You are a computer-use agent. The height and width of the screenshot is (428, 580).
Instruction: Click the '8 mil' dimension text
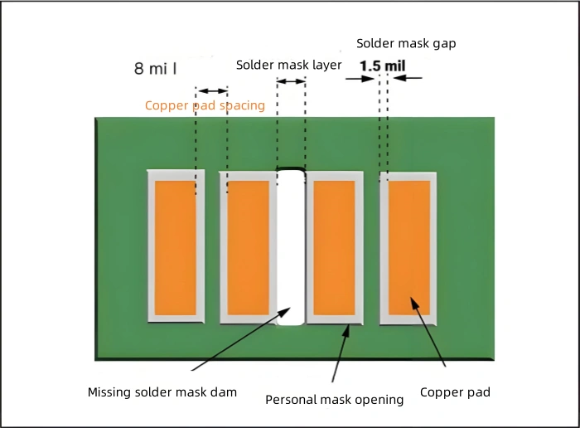(156, 68)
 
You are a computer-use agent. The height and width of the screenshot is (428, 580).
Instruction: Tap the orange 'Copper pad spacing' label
(205, 105)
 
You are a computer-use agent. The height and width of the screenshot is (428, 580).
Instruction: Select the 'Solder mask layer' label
(288, 65)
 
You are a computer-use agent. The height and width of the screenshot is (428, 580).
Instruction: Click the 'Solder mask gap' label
(406, 43)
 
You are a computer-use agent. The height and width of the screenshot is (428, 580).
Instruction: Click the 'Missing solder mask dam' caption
(162, 392)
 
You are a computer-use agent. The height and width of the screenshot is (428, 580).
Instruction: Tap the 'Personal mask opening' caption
(334, 399)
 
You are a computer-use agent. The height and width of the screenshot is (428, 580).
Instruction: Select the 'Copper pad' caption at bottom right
(455, 392)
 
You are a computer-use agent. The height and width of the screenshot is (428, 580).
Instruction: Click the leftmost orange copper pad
(176, 247)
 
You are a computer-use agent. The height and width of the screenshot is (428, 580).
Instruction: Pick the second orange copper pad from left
(248, 247)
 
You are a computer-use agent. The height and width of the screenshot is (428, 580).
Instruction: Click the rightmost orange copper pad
(409, 247)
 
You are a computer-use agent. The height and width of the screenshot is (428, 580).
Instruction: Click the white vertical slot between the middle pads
(291, 247)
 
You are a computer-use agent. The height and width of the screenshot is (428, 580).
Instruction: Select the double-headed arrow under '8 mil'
(211, 90)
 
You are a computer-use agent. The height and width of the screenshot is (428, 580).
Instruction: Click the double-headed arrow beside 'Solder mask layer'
(291, 80)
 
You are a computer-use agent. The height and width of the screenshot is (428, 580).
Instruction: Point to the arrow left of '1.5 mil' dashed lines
(360, 78)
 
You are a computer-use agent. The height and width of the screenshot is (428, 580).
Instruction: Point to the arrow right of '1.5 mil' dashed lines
(408, 78)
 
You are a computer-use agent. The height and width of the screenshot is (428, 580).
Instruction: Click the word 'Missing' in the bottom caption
(110, 392)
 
